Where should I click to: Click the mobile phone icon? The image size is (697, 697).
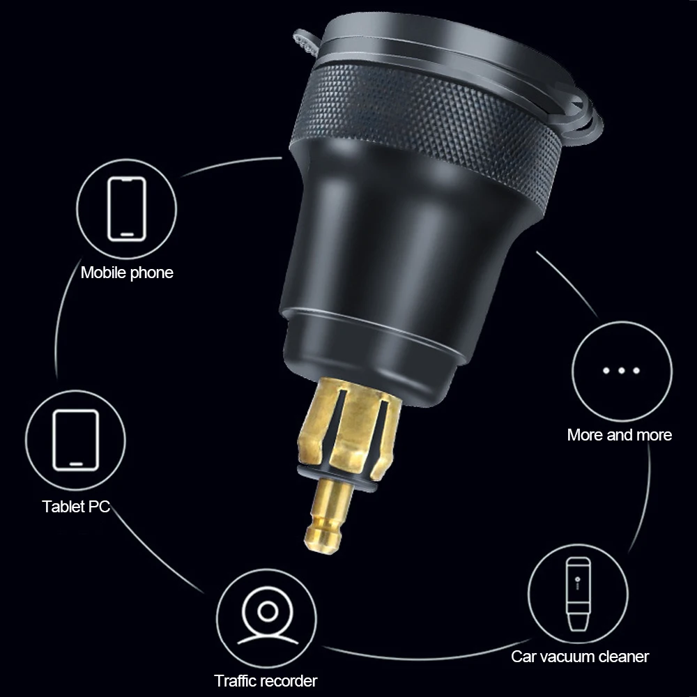click(126, 208)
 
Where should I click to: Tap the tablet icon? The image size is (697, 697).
click(75, 439)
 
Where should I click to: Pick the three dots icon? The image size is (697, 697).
click(621, 370)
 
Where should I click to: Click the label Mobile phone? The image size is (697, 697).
click(127, 272)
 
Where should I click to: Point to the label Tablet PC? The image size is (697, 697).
click(76, 506)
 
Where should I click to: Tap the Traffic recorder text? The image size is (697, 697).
click(266, 680)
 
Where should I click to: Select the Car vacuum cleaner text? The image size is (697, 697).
click(580, 656)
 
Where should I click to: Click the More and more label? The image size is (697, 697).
click(619, 435)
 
